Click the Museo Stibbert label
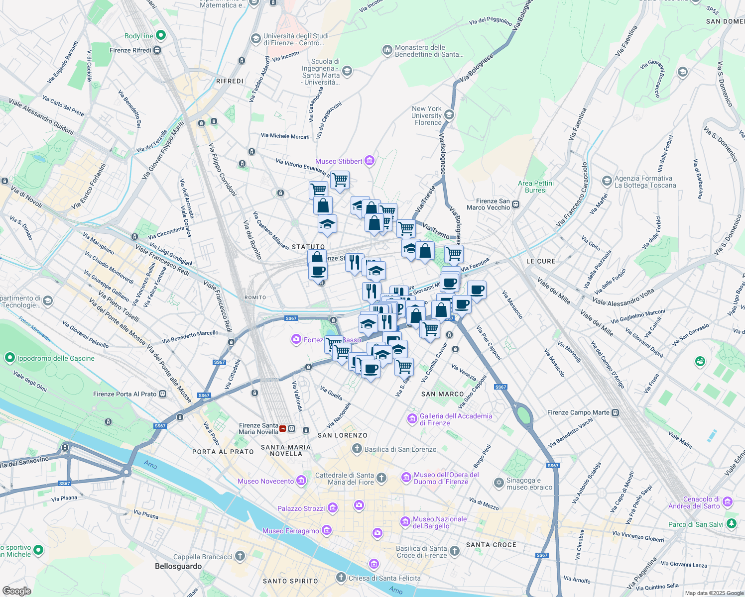point(339,161)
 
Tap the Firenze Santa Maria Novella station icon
point(283,428)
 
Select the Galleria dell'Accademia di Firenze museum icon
point(412,419)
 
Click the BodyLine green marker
point(160,35)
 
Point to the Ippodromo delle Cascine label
point(56,358)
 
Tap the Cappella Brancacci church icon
point(240,556)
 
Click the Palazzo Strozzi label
point(301,508)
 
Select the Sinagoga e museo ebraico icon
point(498,483)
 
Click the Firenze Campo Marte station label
point(578,412)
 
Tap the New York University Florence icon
point(449,115)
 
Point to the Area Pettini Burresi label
point(536,187)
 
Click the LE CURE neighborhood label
point(540,261)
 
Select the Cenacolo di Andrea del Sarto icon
point(728,501)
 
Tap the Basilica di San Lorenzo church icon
point(357,449)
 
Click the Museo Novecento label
point(265,481)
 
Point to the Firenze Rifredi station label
point(130,50)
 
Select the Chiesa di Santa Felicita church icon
point(341,578)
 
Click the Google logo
point(16,591)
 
